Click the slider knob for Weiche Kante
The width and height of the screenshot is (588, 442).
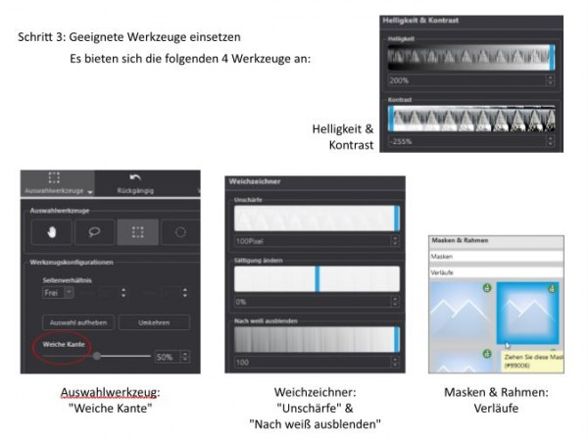tap(96, 357)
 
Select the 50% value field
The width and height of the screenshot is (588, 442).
tap(168, 357)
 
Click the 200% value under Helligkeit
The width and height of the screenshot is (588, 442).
tap(399, 80)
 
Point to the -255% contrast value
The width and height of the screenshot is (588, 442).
tap(401, 142)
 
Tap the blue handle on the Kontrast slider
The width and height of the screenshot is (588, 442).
tap(391, 118)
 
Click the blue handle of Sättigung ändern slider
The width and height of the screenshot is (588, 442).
tap(317, 278)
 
